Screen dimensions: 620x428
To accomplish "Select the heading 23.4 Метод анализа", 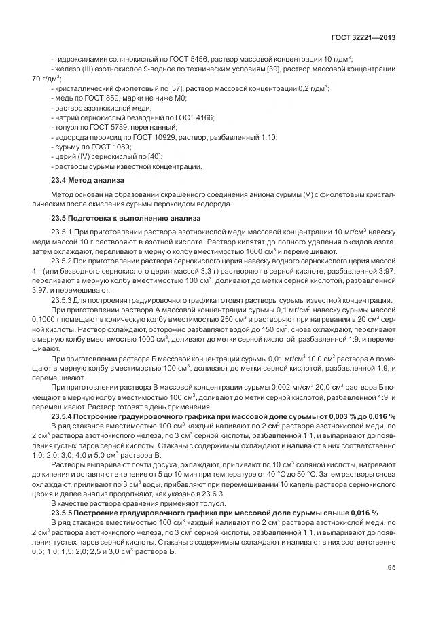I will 88,181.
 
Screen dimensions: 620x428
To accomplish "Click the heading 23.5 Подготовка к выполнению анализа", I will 126,219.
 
